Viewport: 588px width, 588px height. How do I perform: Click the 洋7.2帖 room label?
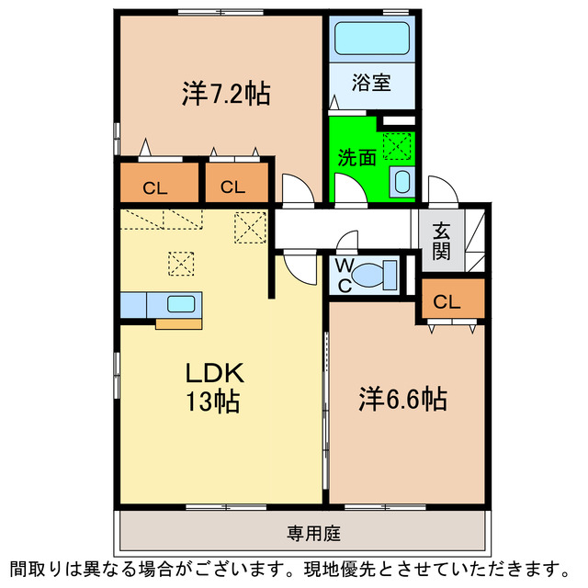click(226, 94)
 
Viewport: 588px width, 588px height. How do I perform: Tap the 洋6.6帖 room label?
click(402, 399)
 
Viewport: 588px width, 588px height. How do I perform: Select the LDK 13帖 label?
click(214, 387)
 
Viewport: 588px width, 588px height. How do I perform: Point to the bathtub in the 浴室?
click(373, 40)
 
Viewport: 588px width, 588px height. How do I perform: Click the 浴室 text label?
click(372, 83)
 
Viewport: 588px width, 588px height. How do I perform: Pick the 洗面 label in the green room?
click(356, 157)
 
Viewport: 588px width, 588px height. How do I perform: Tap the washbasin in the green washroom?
click(401, 181)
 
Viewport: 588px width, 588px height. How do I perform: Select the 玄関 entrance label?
click(441, 241)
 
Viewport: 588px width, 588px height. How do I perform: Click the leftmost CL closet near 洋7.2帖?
click(155, 187)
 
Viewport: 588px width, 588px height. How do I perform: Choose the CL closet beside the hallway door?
click(232, 187)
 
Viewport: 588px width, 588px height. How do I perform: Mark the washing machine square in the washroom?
click(399, 145)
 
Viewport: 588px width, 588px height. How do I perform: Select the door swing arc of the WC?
click(345, 242)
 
